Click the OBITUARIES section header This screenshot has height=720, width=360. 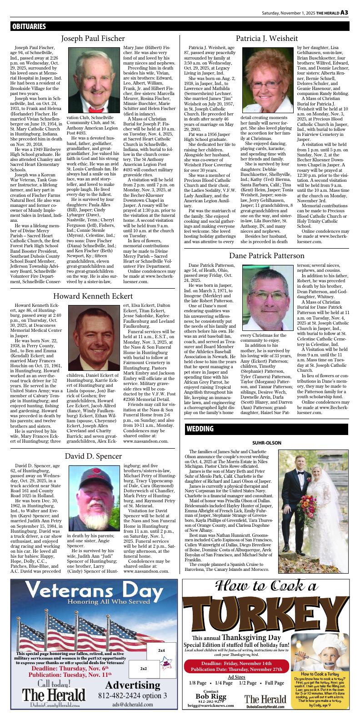coord(29,27)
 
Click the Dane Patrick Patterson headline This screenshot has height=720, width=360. coord(266,256)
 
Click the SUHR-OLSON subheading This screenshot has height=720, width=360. coord(266,443)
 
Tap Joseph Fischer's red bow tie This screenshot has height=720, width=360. coord(95,109)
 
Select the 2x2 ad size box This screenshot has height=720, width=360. coord(143,669)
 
